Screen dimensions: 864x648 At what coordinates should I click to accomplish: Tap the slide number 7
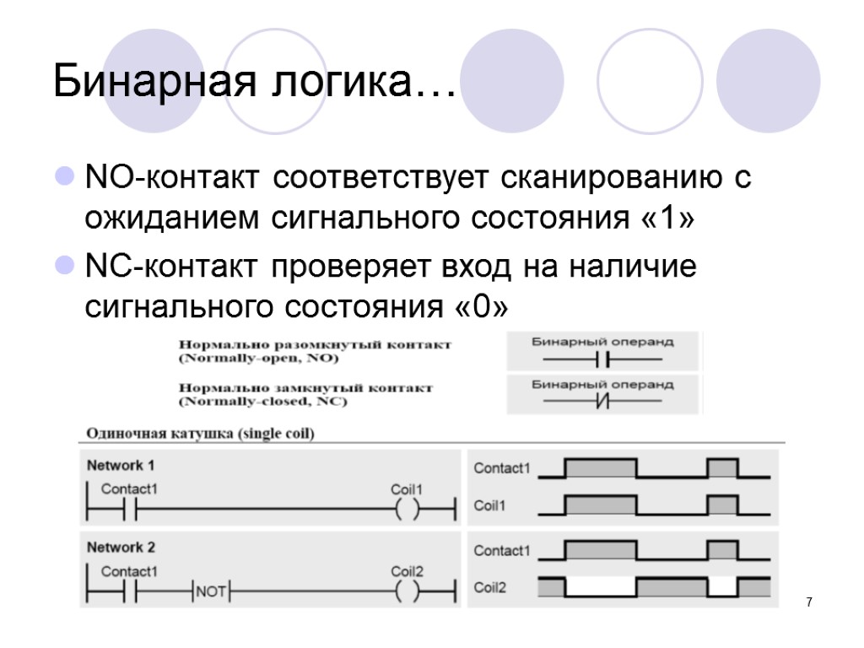pos(809,602)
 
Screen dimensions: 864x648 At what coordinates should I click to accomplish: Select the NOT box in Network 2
pos(211,591)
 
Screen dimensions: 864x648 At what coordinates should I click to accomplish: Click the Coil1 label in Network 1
pos(407,489)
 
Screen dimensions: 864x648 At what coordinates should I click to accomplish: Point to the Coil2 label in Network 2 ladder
pos(407,571)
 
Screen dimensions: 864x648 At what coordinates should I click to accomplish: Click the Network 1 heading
pos(121,465)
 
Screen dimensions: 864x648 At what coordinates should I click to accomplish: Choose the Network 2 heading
pos(121,547)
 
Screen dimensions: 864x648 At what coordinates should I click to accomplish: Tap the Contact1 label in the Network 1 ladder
pos(129,489)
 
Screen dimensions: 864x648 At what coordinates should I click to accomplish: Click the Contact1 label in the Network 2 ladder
pos(129,571)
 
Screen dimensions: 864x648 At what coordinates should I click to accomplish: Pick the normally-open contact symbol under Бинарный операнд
pos(602,360)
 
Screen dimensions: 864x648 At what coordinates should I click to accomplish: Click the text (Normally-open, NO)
pos(258,359)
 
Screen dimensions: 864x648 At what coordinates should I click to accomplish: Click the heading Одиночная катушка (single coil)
pos(197,435)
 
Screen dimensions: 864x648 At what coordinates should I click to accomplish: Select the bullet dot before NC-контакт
pos(63,267)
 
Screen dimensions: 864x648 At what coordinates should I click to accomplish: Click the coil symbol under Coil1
pos(407,510)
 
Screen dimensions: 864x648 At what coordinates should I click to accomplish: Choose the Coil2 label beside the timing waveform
pos(490,587)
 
